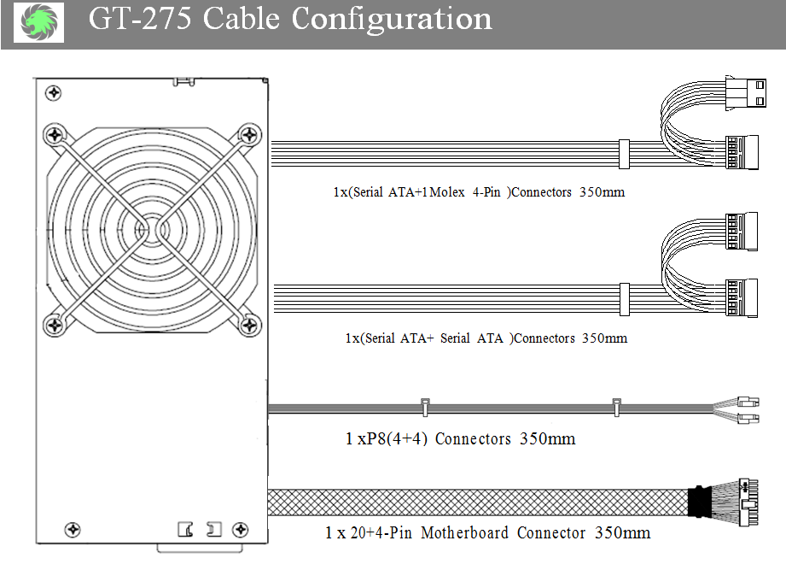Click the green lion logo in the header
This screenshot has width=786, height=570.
[39, 21]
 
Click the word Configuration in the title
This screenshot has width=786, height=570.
[392, 20]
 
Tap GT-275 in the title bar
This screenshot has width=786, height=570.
[140, 19]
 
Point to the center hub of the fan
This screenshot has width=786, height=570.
[151, 231]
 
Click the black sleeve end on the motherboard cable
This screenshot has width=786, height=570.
[698, 502]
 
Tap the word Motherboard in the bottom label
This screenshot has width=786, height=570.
[464, 532]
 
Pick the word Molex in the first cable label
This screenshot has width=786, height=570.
[447, 192]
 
